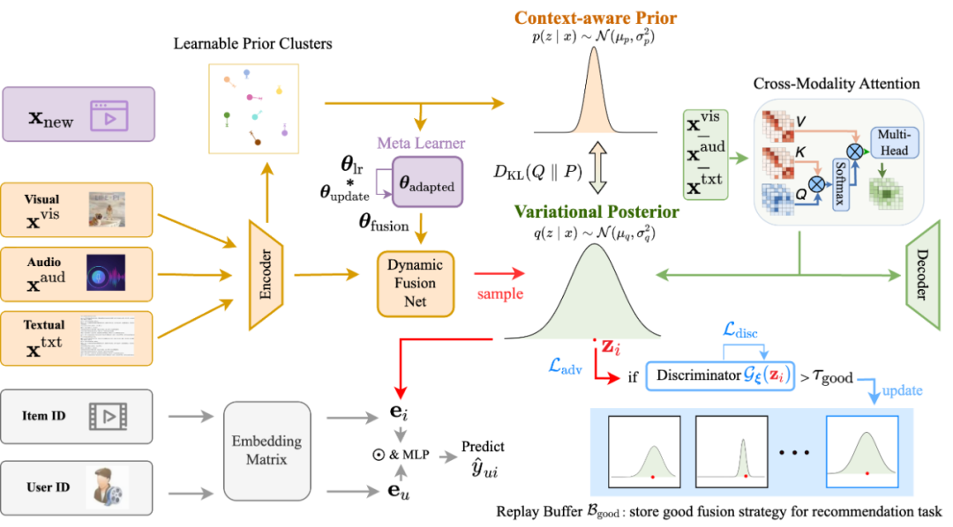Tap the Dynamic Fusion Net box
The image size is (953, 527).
[415, 283]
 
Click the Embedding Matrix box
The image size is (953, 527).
[266, 451]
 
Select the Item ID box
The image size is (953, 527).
[77, 416]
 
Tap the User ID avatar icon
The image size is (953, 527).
[107, 486]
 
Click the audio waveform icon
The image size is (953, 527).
[106, 273]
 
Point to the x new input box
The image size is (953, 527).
[79, 114]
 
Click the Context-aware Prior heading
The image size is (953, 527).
[597, 18]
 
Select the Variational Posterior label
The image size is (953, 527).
[597, 212]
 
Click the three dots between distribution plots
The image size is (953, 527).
[793, 453]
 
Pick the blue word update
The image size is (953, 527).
[901, 390]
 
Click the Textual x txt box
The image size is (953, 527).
[77, 338]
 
